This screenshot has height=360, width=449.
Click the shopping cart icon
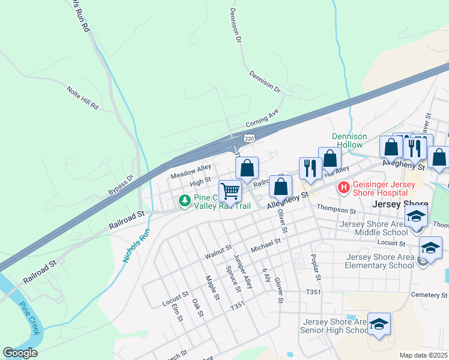[230, 191]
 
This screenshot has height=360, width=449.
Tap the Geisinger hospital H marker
[344, 188]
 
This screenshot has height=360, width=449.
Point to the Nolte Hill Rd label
[83, 97]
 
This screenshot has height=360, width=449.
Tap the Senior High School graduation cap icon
[379, 325]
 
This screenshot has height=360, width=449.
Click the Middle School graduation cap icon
[416, 217]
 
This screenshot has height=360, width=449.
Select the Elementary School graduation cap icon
[430, 248]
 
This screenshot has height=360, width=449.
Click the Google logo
[20, 353]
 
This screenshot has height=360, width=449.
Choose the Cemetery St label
[429, 295]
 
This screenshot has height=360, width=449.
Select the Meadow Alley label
[191, 172]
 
